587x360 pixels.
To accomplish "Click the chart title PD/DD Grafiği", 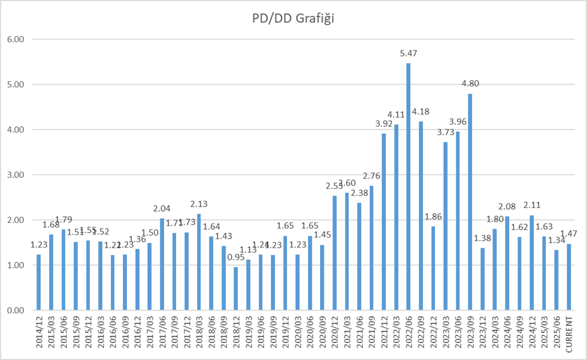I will click(293, 18).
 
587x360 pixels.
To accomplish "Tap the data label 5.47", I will click(408, 54).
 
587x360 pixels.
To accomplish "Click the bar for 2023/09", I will click(470, 202).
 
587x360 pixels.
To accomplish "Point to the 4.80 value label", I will click(470, 83).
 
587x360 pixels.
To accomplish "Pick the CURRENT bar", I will click(569, 277).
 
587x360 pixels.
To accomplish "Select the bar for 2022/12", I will click(433, 268).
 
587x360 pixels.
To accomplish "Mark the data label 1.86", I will click(433, 216).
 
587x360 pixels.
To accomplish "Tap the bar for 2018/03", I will click(199, 262).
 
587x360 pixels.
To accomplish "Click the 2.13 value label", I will click(199, 204).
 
